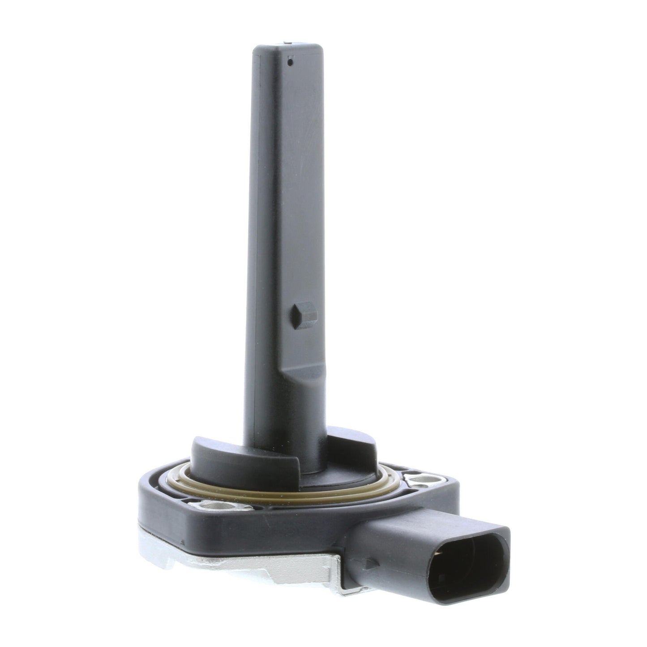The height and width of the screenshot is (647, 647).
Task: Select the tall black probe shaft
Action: [287, 224]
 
